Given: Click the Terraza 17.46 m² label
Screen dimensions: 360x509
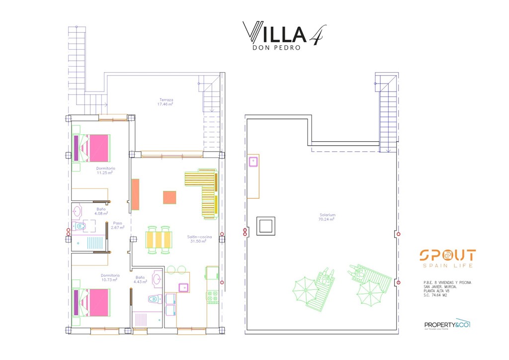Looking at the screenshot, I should pyautogui.click(x=166, y=102).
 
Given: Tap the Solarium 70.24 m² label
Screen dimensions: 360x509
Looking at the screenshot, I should pyautogui.click(x=327, y=217).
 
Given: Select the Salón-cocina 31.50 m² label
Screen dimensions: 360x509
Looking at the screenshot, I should pyautogui.click(x=199, y=239).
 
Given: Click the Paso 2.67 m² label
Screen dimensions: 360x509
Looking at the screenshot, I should pyautogui.click(x=118, y=225).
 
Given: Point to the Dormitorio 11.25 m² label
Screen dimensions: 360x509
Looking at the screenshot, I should pyautogui.click(x=105, y=171).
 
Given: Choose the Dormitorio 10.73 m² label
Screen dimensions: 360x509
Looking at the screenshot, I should pyautogui.click(x=110, y=277).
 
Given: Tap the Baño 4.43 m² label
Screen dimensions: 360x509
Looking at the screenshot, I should pyautogui.click(x=140, y=280).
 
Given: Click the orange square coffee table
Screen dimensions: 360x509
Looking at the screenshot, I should pyautogui.click(x=170, y=197).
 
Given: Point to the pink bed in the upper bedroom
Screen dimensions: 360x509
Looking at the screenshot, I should pyautogui.click(x=94, y=148).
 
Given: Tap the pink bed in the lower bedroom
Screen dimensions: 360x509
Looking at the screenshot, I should pyautogui.click(x=94, y=302).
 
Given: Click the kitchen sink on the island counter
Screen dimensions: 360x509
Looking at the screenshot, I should pyautogui.click(x=183, y=287).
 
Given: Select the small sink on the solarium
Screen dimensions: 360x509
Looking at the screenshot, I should pyautogui.click(x=254, y=161).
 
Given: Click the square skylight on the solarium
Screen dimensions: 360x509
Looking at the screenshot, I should pyautogui.click(x=265, y=226).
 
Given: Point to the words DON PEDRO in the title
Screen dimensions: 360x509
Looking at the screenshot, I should pyautogui.click(x=277, y=48).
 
